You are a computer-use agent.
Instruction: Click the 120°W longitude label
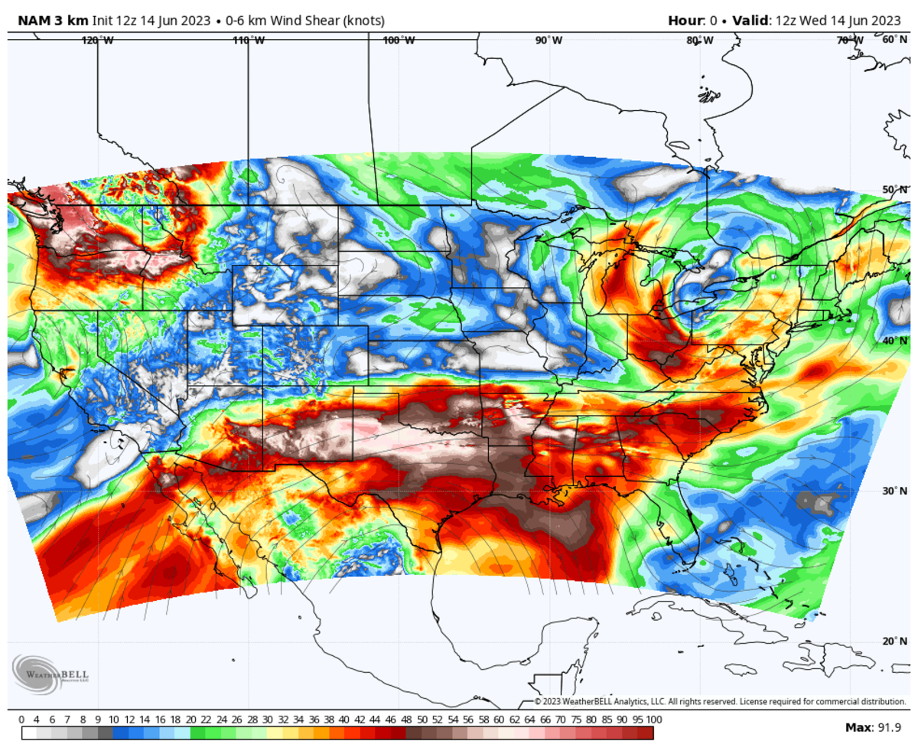tap(98, 41)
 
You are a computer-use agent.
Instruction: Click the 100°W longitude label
tap(399, 41)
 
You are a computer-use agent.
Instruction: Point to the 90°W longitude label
tap(549, 41)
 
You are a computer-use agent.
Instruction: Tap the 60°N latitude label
tap(895, 39)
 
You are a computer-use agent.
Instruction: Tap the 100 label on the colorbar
tap(653, 720)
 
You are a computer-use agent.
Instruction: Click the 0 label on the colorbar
tap(21, 720)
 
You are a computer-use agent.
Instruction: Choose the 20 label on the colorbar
tap(190, 720)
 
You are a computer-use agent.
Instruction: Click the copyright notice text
tap(719, 701)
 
